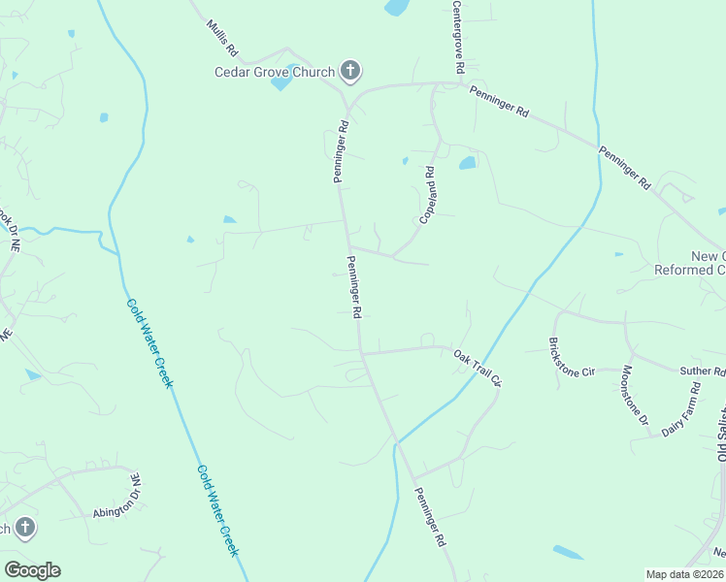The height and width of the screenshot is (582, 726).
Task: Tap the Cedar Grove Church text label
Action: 275,71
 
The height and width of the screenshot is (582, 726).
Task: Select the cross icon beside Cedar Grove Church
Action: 351,71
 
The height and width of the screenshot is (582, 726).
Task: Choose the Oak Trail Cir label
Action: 477,368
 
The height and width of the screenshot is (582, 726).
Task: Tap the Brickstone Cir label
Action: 572,358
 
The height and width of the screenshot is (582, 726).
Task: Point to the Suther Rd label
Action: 703,371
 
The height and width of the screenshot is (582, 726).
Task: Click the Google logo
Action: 32,570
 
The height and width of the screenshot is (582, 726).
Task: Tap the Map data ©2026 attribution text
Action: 684,574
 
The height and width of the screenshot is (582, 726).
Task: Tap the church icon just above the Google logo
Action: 24,529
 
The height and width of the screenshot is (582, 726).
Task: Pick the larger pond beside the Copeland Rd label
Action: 467,163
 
